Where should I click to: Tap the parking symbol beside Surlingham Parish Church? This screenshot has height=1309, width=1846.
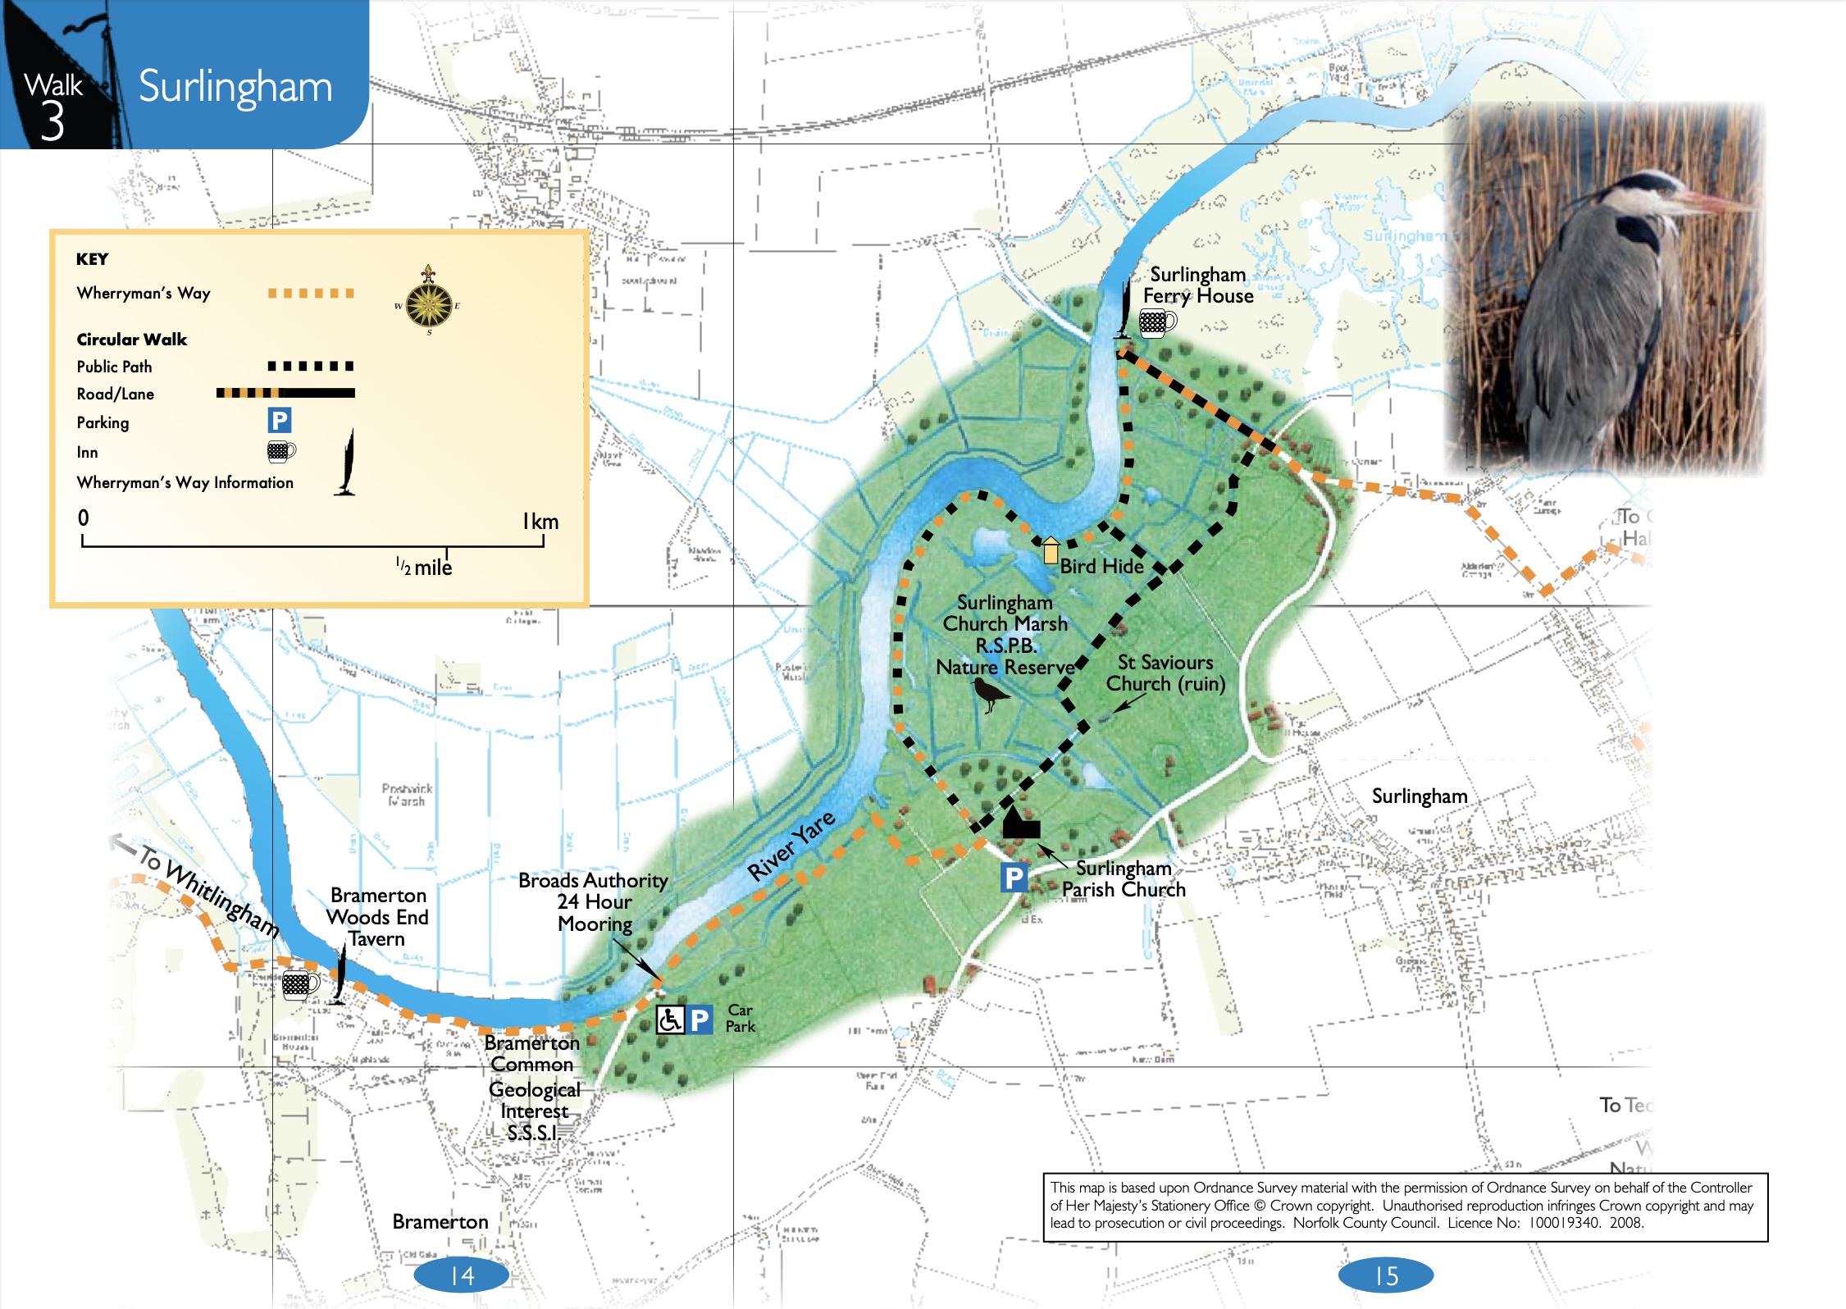click(x=1014, y=878)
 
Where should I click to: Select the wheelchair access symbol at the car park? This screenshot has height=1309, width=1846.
click(x=669, y=1019)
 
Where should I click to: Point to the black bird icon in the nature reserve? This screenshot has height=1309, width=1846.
click(x=991, y=695)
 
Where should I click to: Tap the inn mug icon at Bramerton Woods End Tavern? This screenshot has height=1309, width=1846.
click(x=299, y=983)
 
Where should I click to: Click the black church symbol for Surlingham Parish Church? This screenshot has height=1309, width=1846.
click(x=1019, y=823)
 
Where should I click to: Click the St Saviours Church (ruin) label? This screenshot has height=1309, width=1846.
click(x=1165, y=673)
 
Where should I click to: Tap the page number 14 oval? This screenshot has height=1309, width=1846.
click(x=462, y=1275)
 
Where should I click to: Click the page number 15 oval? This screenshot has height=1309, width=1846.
click(x=1386, y=1275)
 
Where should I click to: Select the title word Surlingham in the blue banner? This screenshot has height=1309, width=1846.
click(x=235, y=87)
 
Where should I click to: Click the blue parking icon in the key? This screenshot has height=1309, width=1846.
click(x=279, y=421)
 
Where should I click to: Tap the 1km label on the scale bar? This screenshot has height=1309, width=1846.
click(x=540, y=522)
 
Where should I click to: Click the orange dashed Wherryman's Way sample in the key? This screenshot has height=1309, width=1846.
click(x=311, y=294)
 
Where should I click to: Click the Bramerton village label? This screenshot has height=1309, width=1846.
click(x=440, y=1222)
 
